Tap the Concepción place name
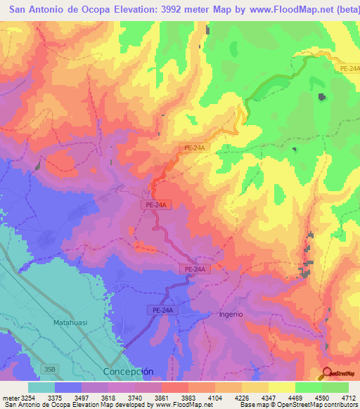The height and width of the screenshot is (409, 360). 127,371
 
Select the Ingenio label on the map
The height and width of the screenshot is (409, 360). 231,314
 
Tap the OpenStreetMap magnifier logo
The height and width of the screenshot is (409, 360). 327,373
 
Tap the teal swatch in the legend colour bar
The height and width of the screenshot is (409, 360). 41,387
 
